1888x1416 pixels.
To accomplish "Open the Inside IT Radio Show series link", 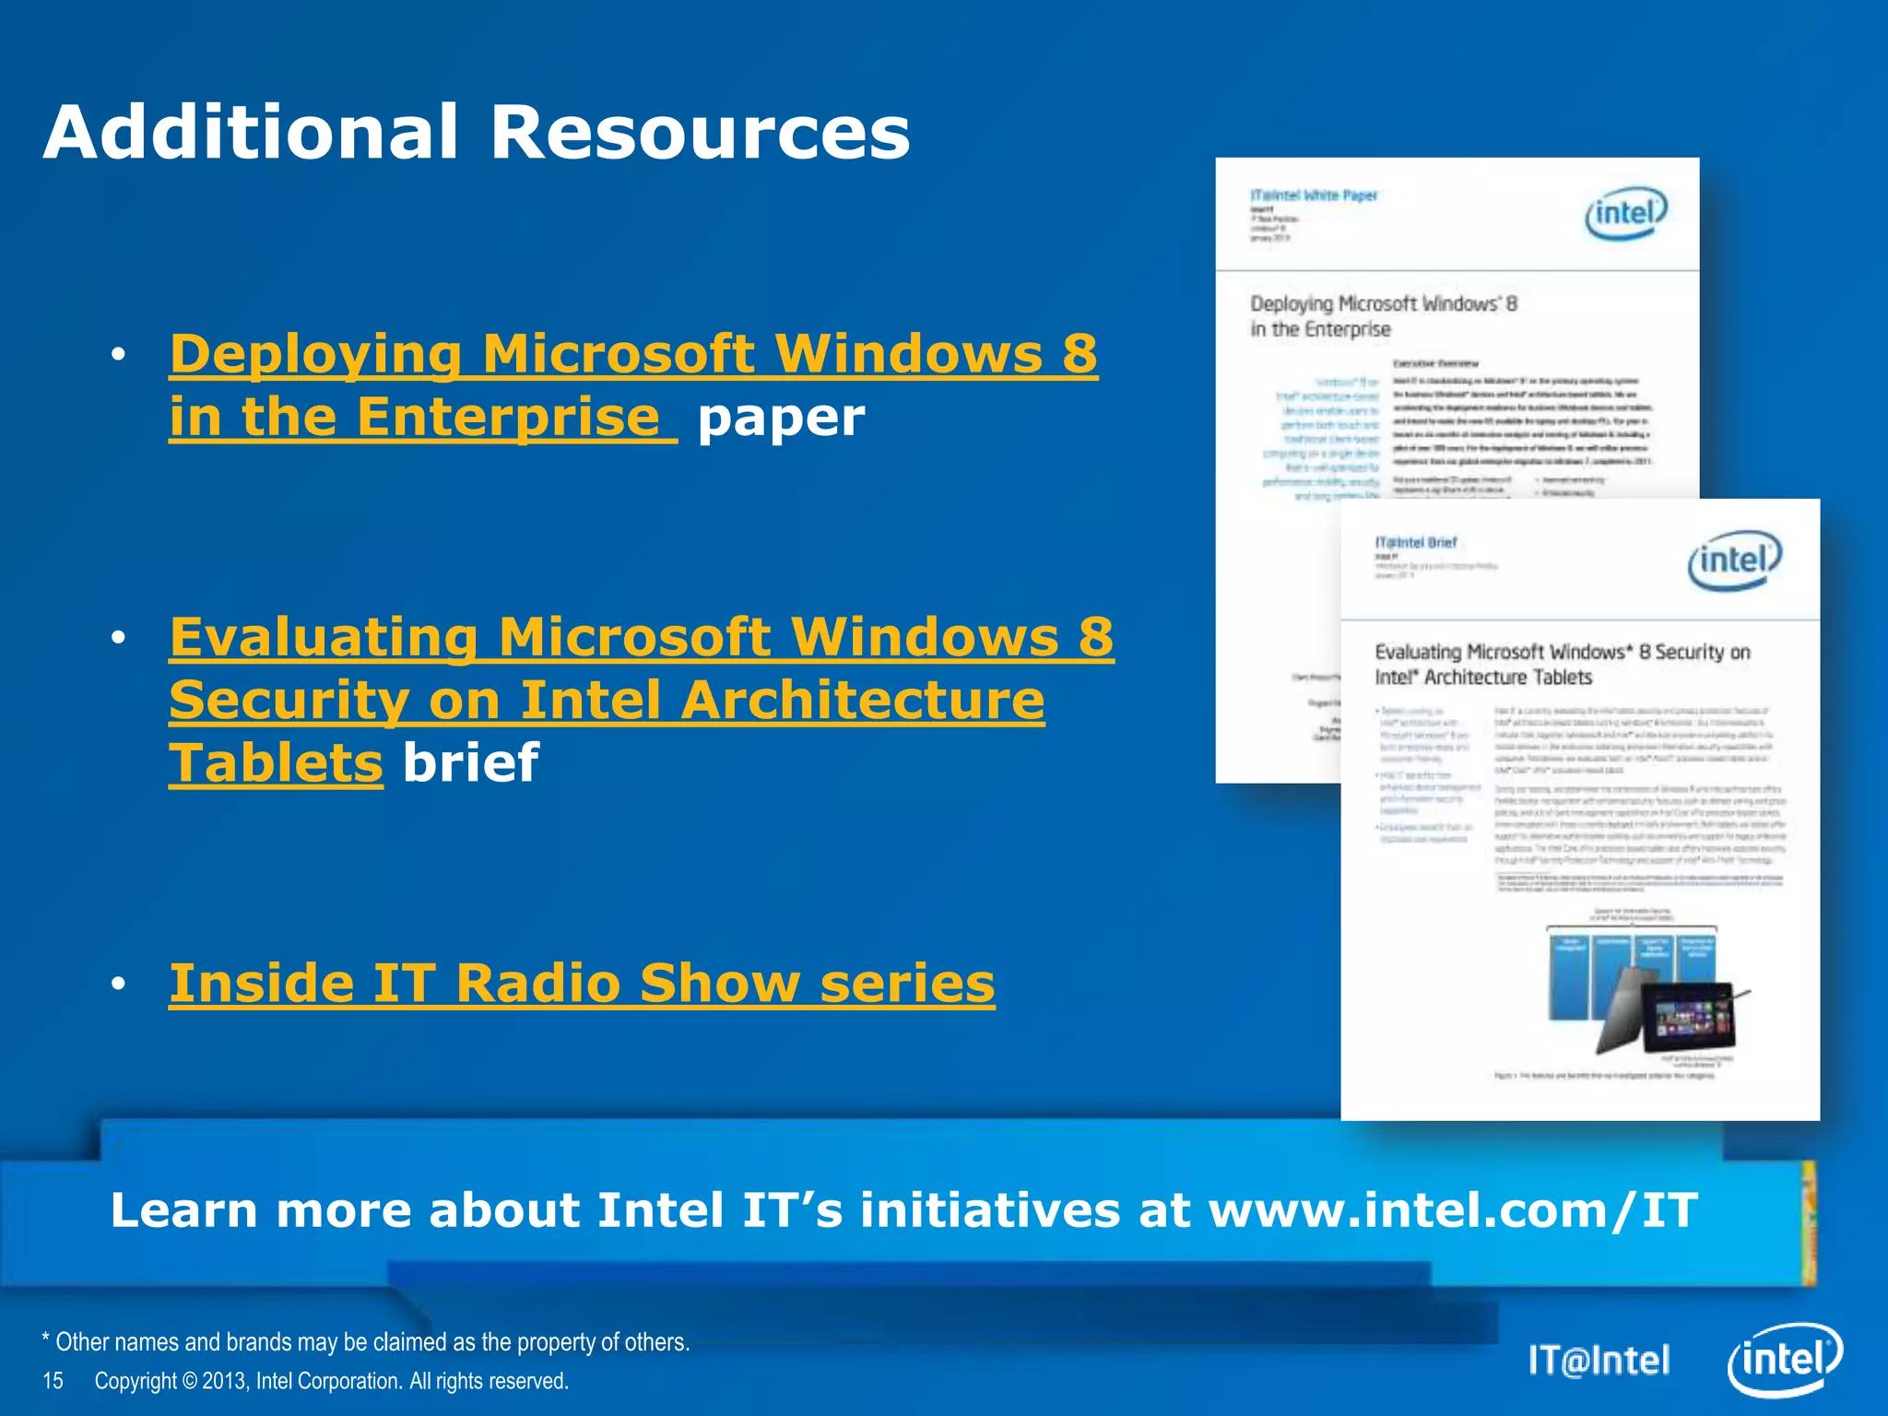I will click(x=582, y=983).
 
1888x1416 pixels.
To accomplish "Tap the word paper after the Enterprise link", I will click(x=781, y=418).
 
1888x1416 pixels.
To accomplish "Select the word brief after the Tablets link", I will click(x=470, y=762).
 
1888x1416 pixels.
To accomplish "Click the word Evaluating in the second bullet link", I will click(x=324, y=637).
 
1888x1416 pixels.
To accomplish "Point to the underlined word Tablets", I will click(x=276, y=762).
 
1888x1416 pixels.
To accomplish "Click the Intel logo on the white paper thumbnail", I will click(x=1626, y=214).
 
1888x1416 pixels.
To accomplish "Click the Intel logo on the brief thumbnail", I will click(x=1734, y=560).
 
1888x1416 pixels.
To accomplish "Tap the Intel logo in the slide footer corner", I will click(x=1784, y=1360).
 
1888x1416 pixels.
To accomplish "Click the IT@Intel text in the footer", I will click(x=1599, y=1361).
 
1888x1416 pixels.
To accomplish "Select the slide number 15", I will click(x=53, y=1381).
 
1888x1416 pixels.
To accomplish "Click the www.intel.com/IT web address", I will click(x=1453, y=1209).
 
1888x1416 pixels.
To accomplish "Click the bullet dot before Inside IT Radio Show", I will click(x=117, y=985).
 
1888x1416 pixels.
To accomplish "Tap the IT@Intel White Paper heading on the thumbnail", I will click(x=1313, y=195).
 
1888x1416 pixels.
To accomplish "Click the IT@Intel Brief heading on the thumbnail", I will click(x=1416, y=542).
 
